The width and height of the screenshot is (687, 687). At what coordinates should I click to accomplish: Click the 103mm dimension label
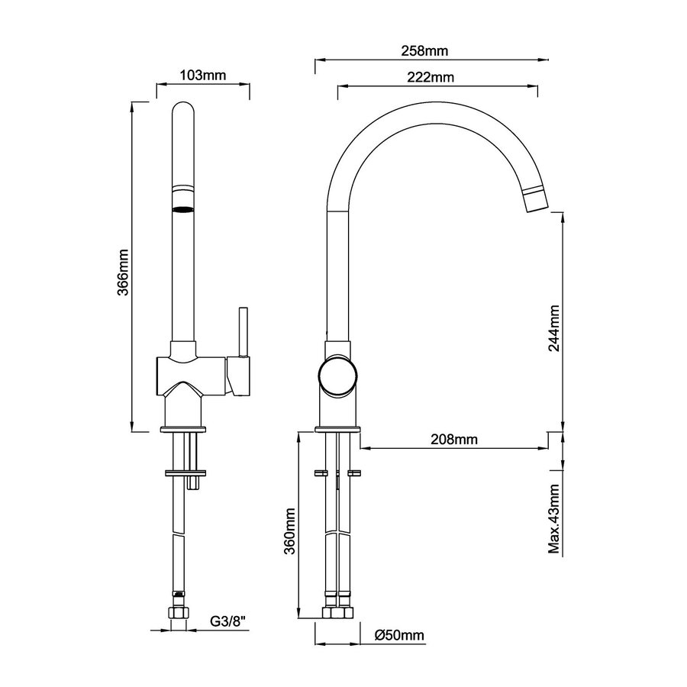click(x=204, y=75)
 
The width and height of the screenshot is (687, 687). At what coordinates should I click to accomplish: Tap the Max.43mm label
click(x=555, y=519)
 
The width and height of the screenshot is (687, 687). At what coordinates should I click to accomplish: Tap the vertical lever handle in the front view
click(x=244, y=333)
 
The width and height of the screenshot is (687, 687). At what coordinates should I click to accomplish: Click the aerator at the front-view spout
click(x=182, y=208)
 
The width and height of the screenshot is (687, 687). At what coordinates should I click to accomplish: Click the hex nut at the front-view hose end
click(x=180, y=613)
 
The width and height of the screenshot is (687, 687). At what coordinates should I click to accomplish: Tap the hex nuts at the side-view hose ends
click(x=337, y=613)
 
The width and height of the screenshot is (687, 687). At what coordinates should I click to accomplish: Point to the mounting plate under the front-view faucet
click(x=183, y=472)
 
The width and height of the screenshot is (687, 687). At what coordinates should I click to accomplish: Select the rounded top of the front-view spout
click(x=182, y=111)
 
